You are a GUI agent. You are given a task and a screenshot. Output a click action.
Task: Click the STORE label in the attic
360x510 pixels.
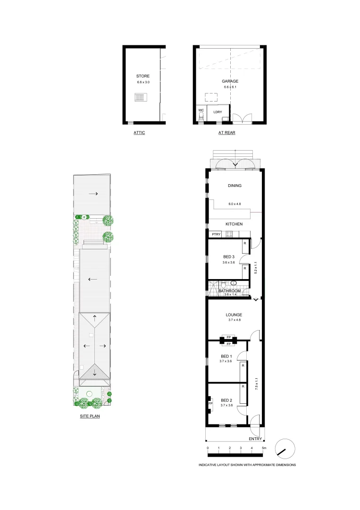tap(142, 76)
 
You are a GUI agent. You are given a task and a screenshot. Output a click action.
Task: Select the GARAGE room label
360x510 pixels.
tap(230, 81)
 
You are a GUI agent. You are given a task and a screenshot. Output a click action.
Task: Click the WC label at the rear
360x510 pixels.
tap(201, 110)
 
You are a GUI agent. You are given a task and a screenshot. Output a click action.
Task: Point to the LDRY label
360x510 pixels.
tap(218, 112)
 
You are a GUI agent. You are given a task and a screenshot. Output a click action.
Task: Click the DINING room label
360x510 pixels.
tap(234, 186)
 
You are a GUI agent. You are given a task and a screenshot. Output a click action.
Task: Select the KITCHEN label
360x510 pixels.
tap(234, 224)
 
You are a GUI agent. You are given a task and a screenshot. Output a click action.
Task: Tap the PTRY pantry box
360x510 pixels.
tap(216, 234)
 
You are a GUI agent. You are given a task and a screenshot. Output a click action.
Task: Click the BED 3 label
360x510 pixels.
tap(229, 257)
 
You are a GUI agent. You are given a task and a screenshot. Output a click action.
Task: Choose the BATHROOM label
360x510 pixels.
tap(229, 291)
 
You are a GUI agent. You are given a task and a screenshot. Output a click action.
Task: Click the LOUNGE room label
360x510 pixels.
tap(234, 315)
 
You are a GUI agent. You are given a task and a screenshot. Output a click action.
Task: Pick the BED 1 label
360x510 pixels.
tap(226, 356)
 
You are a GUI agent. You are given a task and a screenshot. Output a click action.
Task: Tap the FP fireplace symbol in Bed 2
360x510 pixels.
tap(210, 404)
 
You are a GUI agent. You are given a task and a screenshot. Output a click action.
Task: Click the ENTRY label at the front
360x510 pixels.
tap(255, 439)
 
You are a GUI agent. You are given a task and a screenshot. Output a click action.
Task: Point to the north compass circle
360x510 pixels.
tap(285, 449)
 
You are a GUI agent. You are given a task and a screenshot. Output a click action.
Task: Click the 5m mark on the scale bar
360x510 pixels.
tap(264, 447)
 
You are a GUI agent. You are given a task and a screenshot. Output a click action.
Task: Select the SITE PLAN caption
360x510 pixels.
tap(90, 417)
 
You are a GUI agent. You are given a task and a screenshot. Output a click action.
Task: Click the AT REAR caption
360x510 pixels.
tap(226, 133)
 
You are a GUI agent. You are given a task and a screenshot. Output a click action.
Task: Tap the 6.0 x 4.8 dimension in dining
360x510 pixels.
tap(235, 204)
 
